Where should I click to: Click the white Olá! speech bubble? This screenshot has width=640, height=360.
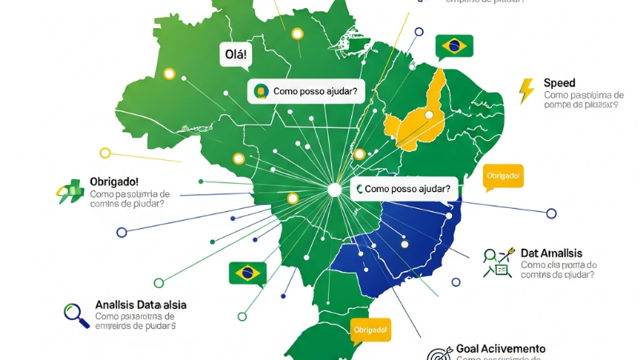pos(234,55)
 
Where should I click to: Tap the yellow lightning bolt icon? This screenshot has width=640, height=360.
pos(526,90)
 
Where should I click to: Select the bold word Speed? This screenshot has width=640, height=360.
pos(559,83)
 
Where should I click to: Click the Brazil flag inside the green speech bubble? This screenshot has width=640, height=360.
pos(454,46)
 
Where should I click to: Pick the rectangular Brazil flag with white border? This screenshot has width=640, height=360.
pos(247,273)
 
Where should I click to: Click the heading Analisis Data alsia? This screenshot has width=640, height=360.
pos(140,305)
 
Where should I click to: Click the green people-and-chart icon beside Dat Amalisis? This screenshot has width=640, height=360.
pos(497,262)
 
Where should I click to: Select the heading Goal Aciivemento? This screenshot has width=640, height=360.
pos(500,349)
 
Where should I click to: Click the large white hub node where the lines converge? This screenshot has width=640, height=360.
pos(335,190)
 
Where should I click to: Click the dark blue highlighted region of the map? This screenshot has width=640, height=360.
pos(400,240)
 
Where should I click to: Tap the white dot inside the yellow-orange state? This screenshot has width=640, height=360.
pos(429,115)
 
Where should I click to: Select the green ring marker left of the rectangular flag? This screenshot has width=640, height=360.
pos(159,282)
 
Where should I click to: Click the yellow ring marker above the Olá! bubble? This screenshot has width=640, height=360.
pos(298,34)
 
